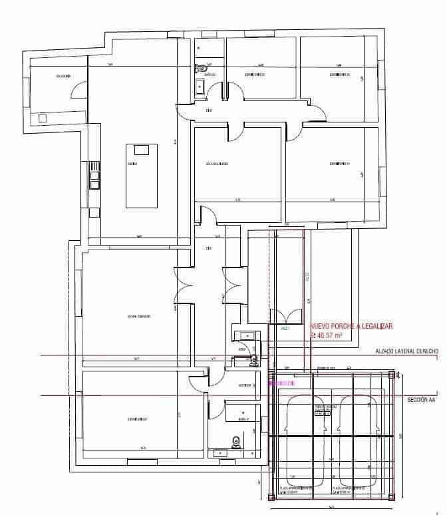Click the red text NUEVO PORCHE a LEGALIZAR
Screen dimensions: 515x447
pos(351,326)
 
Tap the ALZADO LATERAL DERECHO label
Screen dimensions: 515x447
pos(406,351)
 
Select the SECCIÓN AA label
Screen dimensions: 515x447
pos(422,401)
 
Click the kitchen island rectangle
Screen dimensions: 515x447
pos(142,174)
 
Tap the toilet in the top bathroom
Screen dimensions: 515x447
pos(200,68)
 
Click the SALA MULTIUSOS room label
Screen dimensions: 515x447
pos(217,163)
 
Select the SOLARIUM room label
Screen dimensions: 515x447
pos(64,77)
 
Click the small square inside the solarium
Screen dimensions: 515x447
pos(44,118)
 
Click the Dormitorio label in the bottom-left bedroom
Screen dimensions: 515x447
pos(136,419)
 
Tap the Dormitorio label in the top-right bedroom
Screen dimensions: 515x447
pos(339,75)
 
